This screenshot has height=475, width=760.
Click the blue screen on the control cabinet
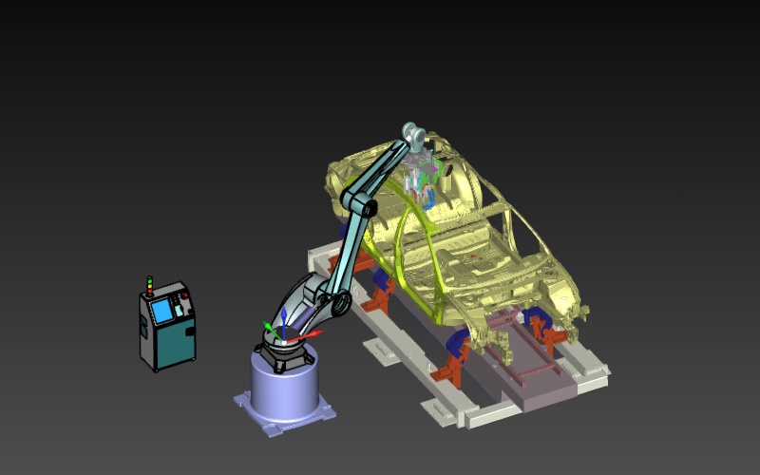pyautogui.click(x=161, y=311)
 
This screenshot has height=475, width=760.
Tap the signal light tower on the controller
pyautogui.click(x=149, y=285)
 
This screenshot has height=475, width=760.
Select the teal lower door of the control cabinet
pyautogui.click(x=172, y=343)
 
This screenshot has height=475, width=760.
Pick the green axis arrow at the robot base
pyautogui.click(x=269, y=329)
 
